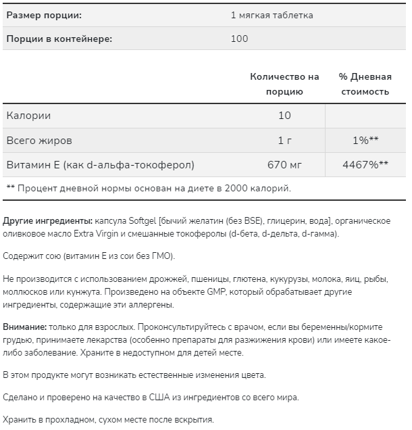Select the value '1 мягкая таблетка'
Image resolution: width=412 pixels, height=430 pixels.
click(273, 14)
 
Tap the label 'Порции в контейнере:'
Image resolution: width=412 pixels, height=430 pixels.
click(59, 39)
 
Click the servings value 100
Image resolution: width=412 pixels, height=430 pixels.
click(240, 39)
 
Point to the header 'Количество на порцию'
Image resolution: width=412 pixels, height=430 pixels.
click(284, 84)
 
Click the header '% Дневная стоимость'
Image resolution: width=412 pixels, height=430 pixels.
click(364, 84)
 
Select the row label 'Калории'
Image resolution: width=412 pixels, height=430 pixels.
click(28, 116)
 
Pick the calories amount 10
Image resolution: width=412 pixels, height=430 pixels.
click(284, 116)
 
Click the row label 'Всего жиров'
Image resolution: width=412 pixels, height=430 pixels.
click(39, 140)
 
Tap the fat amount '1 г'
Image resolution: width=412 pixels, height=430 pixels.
click(284, 140)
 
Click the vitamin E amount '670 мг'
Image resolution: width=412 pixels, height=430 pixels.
click(284, 164)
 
